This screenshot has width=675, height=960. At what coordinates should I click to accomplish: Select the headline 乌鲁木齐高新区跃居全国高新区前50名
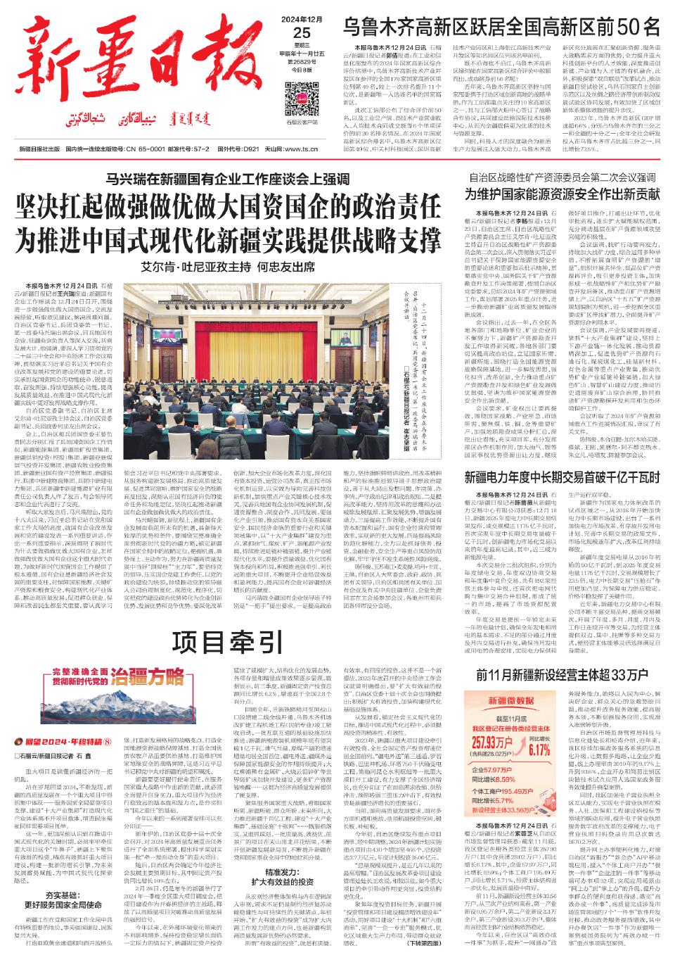(x=501, y=27)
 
